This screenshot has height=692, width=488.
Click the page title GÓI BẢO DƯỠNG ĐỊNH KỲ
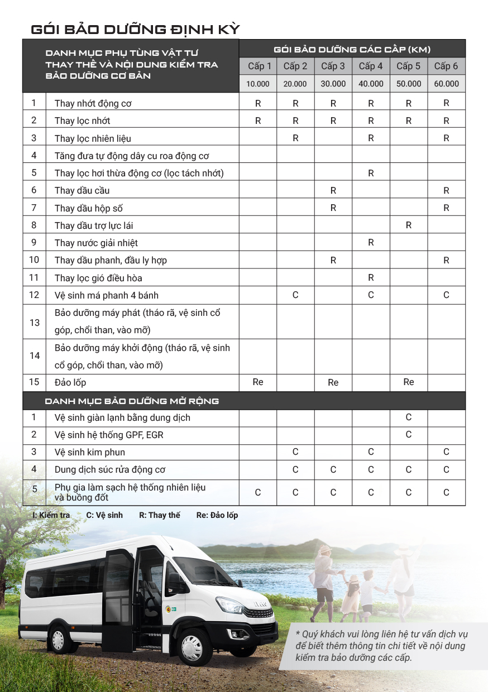(135, 29)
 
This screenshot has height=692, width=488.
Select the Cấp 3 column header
(333, 66)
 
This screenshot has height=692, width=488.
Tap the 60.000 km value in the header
(446, 84)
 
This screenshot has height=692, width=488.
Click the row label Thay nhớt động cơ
(93, 103)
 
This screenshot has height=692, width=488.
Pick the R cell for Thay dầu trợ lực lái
(409, 225)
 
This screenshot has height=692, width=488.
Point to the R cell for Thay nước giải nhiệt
(371, 243)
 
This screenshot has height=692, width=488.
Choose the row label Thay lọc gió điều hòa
(102, 278)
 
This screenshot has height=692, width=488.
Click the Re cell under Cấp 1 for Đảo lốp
(258, 382)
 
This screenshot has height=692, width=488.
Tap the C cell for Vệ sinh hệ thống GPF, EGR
(409, 435)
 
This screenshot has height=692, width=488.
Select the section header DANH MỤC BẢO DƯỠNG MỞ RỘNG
(132, 401)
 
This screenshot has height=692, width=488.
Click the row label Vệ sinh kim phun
(90, 452)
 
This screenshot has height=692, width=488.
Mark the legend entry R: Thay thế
(160, 515)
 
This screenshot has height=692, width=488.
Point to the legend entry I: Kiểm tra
(52, 515)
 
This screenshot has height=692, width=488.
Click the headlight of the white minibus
(229, 605)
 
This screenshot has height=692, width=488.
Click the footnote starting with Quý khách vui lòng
(382, 646)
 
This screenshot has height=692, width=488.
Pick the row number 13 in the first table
(35, 322)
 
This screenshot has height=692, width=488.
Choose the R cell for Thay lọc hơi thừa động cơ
(371, 173)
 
